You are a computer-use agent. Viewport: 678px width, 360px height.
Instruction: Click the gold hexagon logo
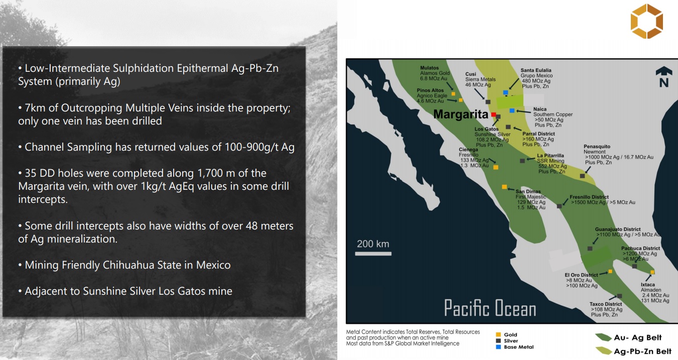point(647,21)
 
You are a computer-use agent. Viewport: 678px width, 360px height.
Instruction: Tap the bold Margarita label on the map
point(461,114)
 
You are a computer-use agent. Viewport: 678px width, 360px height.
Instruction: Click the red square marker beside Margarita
point(493,114)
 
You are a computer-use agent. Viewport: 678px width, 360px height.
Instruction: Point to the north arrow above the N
point(664,71)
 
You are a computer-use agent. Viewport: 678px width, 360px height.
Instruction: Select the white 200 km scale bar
point(373,254)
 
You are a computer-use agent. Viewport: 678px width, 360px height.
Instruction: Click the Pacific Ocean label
point(490,308)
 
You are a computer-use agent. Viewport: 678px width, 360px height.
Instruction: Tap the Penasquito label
point(597,147)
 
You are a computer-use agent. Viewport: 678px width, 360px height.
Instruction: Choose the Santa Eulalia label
point(536,70)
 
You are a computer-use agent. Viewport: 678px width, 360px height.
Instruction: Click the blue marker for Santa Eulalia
point(505,92)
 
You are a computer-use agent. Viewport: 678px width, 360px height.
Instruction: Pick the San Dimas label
point(528,191)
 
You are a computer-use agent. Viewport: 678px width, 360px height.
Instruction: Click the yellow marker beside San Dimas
point(504,187)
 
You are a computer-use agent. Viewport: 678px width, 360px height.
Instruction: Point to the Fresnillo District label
point(589,197)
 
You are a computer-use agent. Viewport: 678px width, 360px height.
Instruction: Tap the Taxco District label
point(606,304)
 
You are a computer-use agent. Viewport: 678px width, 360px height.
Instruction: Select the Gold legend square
point(498,334)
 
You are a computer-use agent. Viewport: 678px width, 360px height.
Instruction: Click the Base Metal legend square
point(498,347)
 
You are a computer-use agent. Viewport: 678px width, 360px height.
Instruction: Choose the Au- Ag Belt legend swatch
point(603,337)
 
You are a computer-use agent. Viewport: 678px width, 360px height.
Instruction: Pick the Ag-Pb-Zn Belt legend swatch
point(603,351)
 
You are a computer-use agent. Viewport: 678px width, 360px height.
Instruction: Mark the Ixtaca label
point(648,285)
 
